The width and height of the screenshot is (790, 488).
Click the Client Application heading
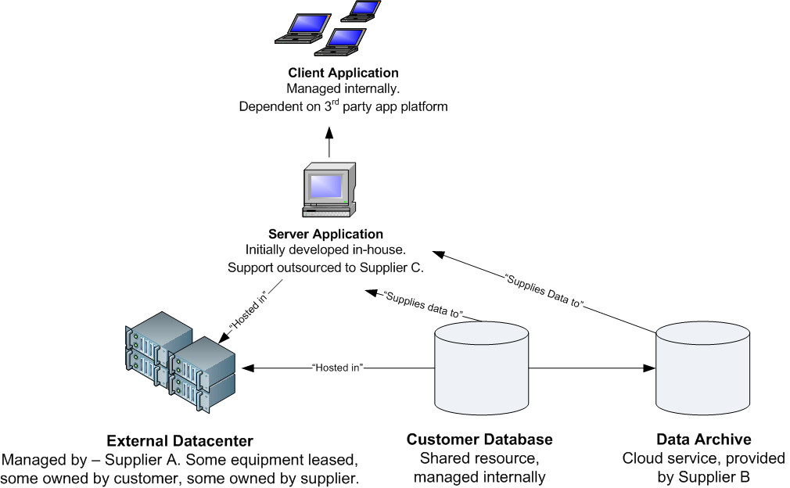pyautogui.click(x=343, y=74)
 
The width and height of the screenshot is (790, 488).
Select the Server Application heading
pyautogui.click(x=325, y=234)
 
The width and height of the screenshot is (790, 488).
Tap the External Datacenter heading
pyautogui.click(x=179, y=440)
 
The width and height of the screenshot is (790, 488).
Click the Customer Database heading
pyautogui.click(x=479, y=440)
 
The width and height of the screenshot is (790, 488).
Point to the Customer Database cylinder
pyautogui.click(x=481, y=368)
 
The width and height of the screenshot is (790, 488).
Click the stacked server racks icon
pyautogui.click(x=181, y=362)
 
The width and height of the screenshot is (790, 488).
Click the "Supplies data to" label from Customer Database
pyautogui.click(x=423, y=305)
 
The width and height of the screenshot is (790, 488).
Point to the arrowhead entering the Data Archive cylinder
pyautogui.click(x=650, y=367)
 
